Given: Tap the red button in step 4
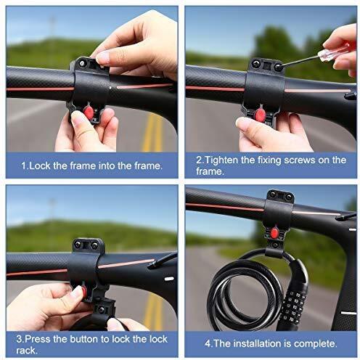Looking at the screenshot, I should pyautogui.click(x=275, y=232).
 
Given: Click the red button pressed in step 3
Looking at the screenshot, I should pyautogui.click(x=77, y=292).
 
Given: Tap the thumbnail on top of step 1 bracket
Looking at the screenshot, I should pyautogui.click(x=102, y=57).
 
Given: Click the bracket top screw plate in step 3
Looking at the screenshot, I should pyautogui.click(x=88, y=245).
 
